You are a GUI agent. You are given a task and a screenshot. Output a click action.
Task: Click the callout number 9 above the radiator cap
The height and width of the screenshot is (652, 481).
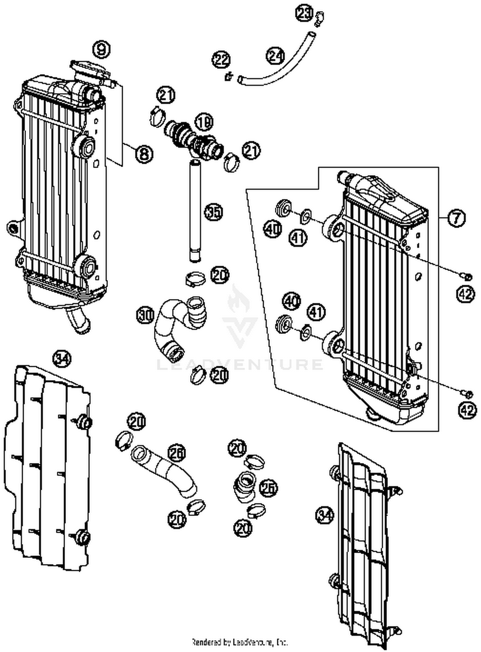pyautogui.click(x=101, y=50)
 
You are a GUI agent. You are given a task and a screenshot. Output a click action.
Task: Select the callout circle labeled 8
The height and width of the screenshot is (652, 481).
pyautogui.click(x=144, y=154)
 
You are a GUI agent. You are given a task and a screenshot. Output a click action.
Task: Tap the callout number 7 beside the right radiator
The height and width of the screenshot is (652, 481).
pyautogui.click(x=456, y=218)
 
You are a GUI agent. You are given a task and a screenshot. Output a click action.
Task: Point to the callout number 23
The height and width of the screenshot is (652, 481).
pyautogui.click(x=303, y=14)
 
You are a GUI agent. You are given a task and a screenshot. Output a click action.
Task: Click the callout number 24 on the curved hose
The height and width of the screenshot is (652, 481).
pyautogui.click(x=275, y=56)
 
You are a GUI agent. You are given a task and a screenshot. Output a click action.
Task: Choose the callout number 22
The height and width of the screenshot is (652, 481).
pyautogui.click(x=221, y=60)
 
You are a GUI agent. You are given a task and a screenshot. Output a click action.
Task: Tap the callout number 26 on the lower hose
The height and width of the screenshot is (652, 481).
pyautogui.click(x=177, y=453)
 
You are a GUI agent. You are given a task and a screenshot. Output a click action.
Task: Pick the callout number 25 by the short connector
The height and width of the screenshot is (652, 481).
pyautogui.click(x=268, y=488)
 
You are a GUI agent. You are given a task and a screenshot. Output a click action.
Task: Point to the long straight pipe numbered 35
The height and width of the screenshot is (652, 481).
pyautogui.click(x=195, y=212)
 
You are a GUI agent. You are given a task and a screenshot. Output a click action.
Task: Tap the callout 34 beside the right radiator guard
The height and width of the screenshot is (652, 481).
pyautogui.click(x=325, y=515)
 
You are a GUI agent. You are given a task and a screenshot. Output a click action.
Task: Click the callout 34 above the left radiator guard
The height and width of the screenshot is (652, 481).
pyautogui.click(x=62, y=358)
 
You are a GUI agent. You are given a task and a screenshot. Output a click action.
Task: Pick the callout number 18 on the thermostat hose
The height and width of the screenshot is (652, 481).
pyautogui.click(x=204, y=123)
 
